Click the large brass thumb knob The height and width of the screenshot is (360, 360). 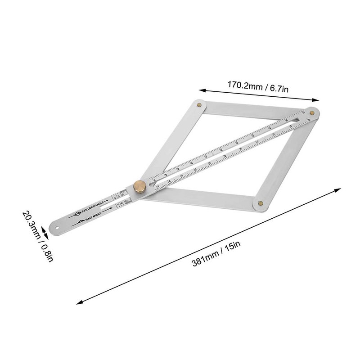[x=139, y=186]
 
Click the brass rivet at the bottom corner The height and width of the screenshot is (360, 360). [x=261, y=203]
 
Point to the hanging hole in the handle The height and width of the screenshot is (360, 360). [x=58, y=227]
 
